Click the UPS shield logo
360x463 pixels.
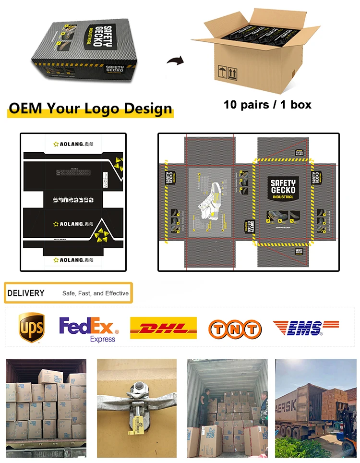(x=32, y=328)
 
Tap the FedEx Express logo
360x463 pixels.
(x=89, y=329)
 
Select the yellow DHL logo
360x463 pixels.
(x=163, y=328)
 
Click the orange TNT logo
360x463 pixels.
(x=235, y=329)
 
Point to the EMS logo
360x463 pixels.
(x=306, y=328)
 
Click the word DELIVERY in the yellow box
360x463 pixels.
(x=26, y=293)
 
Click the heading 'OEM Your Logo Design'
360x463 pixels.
(x=90, y=108)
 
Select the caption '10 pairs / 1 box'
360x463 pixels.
(x=267, y=104)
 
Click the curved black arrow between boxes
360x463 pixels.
(x=175, y=61)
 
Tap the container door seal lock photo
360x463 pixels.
(x=136, y=408)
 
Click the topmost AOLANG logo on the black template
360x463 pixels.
(x=73, y=144)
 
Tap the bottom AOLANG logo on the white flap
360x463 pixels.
(x=73, y=260)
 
